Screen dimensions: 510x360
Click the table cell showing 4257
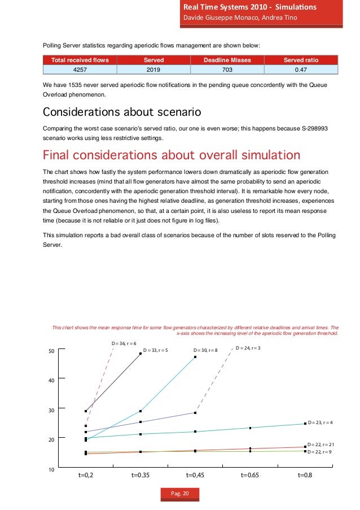[80, 69]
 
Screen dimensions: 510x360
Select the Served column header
[154, 60]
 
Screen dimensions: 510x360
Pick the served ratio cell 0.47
[301, 69]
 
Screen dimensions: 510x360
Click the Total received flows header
[80, 60]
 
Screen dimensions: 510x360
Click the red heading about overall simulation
[172, 154]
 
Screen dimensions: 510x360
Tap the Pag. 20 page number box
[180, 494]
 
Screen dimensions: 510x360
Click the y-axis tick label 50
[51, 351]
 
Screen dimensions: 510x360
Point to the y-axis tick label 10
[51, 469]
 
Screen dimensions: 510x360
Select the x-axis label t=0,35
[140, 476]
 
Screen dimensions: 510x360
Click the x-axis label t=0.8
[305, 476]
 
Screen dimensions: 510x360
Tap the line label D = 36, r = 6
[124, 343]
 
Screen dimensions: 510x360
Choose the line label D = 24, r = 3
[248, 348]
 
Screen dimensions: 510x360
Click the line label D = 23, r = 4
[320, 422]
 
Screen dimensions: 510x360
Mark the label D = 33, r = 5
[156, 351]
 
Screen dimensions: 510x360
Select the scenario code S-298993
[308, 128]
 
